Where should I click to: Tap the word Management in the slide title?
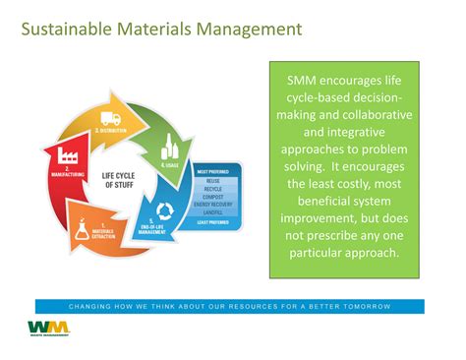point(249,30)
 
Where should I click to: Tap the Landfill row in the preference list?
point(211,213)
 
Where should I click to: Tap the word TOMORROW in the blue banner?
point(368,307)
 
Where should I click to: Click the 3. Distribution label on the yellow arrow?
point(110,129)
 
